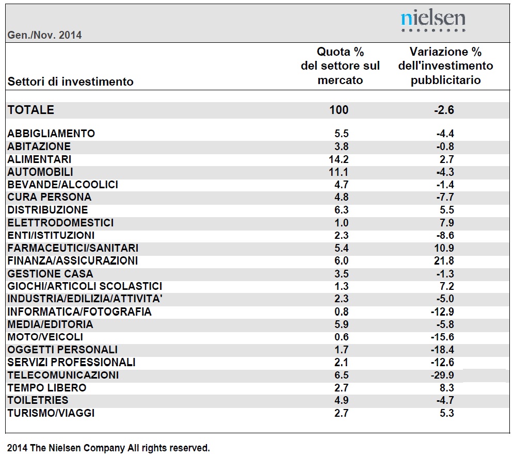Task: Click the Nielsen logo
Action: pos(433,20)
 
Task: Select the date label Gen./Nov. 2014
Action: pos(44,35)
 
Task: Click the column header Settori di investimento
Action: pos(71,81)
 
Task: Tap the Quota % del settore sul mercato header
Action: pos(340,66)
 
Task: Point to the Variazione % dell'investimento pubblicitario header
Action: pos(445,66)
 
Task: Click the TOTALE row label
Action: pos(31,110)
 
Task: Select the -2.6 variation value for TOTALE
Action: pos(444,110)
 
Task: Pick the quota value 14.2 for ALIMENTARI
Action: pos(339,159)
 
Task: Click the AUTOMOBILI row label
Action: pos(40,172)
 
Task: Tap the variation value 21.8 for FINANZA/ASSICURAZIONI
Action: pos(444,261)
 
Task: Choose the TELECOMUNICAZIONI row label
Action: pos(63,375)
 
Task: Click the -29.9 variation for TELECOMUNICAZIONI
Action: pos(443,375)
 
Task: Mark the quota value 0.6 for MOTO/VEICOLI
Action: pos(341,337)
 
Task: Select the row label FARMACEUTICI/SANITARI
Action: pos(73,248)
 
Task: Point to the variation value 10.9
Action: pos(444,248)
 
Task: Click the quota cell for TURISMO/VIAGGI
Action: pos(341,413)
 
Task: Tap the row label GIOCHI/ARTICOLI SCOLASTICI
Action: pos(85,286)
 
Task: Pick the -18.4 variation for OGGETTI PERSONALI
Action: pos(443,350)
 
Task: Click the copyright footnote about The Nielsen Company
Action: pos(108,448)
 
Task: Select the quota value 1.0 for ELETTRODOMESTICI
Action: pos(341,223)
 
